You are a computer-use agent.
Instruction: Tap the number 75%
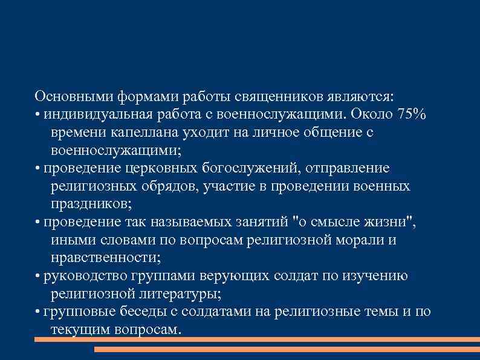tap(413, 115)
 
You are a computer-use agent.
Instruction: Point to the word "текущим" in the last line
tap(79, 330)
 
